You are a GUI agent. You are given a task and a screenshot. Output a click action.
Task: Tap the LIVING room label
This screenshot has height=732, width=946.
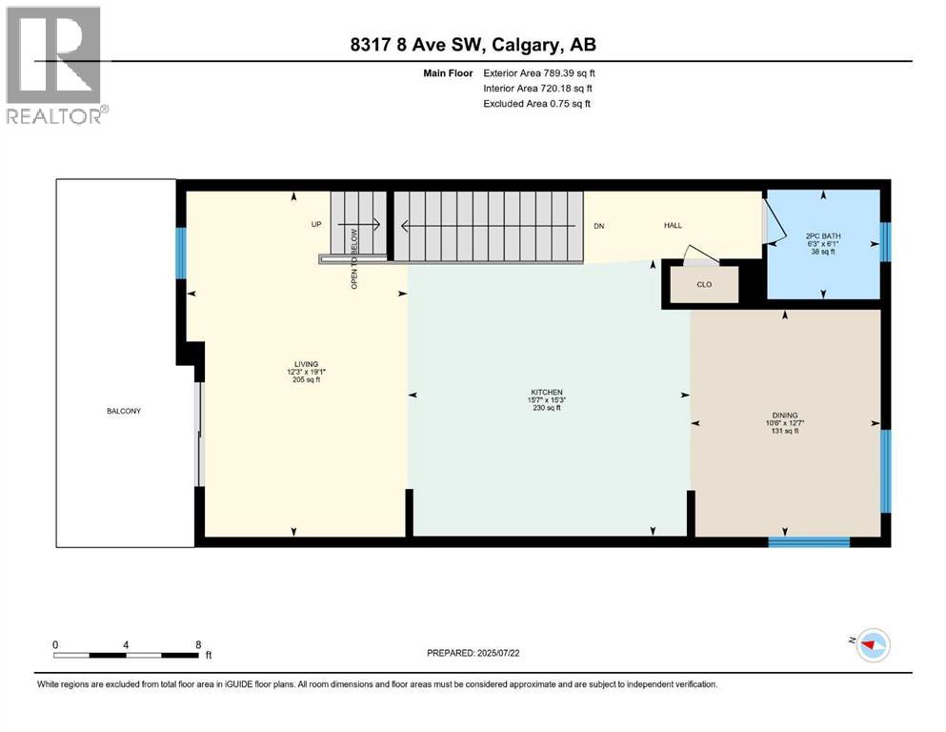point(306,364)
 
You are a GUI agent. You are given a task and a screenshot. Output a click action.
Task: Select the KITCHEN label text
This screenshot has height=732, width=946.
point(547,392)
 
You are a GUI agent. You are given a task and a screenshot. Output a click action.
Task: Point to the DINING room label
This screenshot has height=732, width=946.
point(785,416)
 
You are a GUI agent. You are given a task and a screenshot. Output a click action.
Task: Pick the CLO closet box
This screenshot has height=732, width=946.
point(703,283)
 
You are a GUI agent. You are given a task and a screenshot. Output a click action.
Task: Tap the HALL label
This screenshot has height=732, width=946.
point(674,226)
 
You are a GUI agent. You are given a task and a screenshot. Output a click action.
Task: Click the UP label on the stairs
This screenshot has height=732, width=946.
point(317,226)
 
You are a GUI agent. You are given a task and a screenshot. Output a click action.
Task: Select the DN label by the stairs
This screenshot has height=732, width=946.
point(598,226)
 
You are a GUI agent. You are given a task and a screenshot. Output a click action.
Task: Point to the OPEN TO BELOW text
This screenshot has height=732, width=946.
point(354,257)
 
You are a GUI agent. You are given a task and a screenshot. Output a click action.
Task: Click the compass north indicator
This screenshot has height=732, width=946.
point(872,645)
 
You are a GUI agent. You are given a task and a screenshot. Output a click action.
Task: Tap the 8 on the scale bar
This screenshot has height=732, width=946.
point(197,644)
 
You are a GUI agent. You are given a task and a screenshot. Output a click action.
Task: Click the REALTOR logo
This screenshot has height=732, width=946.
point(56,65)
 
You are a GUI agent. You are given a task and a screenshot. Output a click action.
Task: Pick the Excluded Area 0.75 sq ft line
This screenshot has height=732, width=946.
point(536,103)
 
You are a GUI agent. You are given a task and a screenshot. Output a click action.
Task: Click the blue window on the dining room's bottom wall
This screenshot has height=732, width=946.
point(809,542)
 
